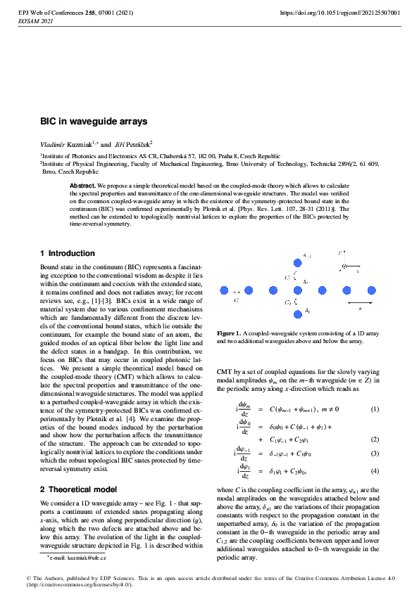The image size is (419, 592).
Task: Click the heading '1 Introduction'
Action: click(x=68, y=253)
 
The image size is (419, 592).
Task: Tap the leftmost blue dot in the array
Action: click(x=225, y=290)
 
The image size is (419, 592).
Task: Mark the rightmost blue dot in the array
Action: click(x=372, y=290)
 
